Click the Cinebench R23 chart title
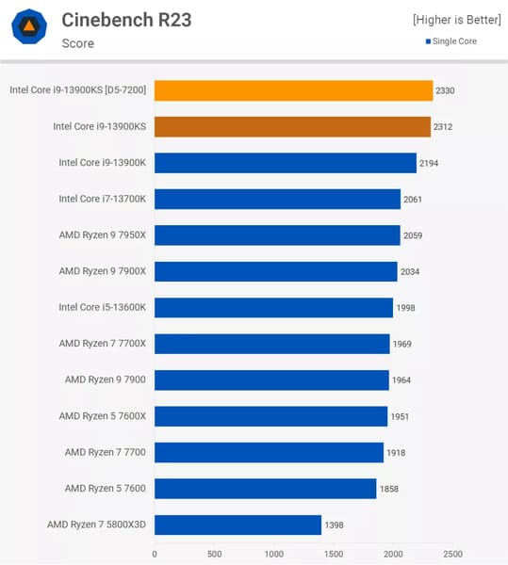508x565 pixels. coord(126,19)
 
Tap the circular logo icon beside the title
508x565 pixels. coord(29,28)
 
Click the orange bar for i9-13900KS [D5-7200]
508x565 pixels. coord(293,90)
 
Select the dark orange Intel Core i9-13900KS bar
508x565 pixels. coord(292,126)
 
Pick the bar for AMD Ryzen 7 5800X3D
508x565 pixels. coord(238,525)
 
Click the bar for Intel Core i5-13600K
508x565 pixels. coord(273,308)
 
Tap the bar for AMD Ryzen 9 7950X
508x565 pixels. coord(277,235)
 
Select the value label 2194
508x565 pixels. coord(430,163)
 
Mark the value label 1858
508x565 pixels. coord(390,489)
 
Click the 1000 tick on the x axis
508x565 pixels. coord(273,554)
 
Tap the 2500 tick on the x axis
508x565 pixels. coord(452,554)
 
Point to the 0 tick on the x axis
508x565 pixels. coord(155,554)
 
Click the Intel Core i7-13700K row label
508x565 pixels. coord(103,199)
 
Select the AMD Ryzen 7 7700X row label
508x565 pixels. coord(103,344)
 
